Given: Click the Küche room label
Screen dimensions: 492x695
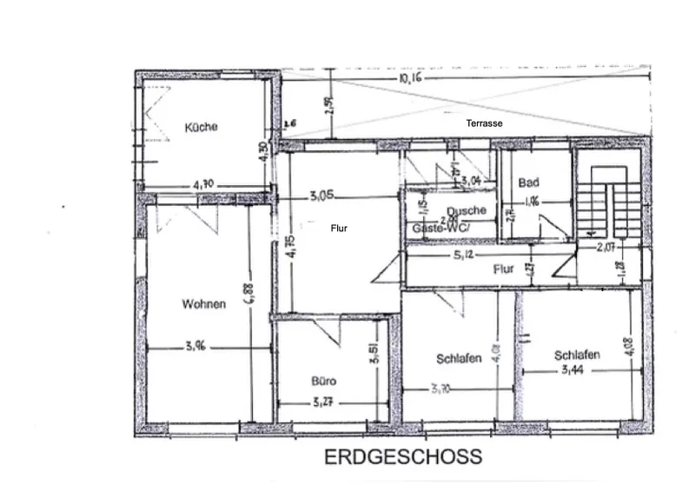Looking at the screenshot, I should [201, 127].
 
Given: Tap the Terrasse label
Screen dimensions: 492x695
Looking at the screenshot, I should [485, 123].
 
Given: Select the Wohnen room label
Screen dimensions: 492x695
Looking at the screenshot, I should [204, 304].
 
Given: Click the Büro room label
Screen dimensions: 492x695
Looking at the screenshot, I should [324, 381].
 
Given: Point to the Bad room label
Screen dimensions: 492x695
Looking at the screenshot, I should [528, 183].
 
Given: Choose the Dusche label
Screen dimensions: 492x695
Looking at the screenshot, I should [466, 210].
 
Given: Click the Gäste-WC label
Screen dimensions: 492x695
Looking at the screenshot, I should [440, 228].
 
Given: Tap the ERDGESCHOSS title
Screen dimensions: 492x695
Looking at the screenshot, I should [402, 457].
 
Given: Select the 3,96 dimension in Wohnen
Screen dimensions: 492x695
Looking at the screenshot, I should [195, 347].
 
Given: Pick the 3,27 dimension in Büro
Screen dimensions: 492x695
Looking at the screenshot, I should [323, 402].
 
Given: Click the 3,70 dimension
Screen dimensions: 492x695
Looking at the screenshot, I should [441, 389].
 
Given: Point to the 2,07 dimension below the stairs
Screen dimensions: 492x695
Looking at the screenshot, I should [606, 247].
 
